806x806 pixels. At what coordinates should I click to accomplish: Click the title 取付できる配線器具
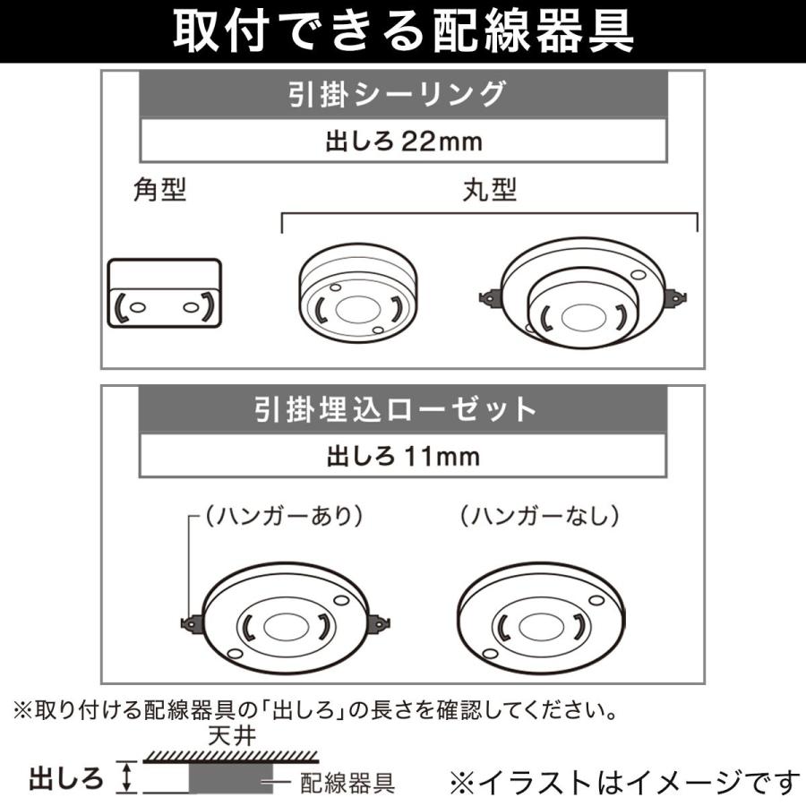(x=403, y=32)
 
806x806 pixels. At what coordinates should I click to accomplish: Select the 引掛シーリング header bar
(x=403, y=93)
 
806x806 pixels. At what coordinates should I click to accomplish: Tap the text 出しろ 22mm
(x=403, y=141)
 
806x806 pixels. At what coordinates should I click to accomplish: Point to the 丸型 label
(x=490, y=190)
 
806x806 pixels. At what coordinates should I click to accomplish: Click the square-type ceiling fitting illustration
(x=164, y=296)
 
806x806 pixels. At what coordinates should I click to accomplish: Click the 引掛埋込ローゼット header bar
(x=403, y=409)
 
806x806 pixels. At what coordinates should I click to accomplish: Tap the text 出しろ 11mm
(x=403, y=457)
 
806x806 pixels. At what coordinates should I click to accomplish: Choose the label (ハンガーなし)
(x=540, y=516)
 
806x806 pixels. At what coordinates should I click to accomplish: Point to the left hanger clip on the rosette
(x=190, y=622)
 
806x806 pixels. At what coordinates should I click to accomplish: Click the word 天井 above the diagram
(x=221, y=738)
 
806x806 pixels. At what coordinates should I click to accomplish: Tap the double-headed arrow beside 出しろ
(x=127, y=776)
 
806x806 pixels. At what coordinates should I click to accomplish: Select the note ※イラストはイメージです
(x=623, y=782)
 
